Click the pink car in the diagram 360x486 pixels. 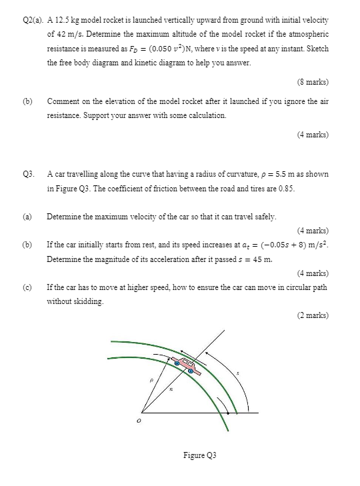pyautogui.click(x=183, y=365)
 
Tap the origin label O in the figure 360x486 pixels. pyautogui.click(x=139, y=421)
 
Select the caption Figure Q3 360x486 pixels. pyautogui.click(x=200, y=455)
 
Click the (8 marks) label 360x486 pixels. pyautogui.click(x=313, y=82)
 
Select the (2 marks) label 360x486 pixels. pyautogui.click(x=313, y=315)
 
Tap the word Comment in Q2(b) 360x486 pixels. pyautogui.click(x=63, y=101)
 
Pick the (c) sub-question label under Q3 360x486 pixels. pyautogui.click(x=27, y=287)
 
